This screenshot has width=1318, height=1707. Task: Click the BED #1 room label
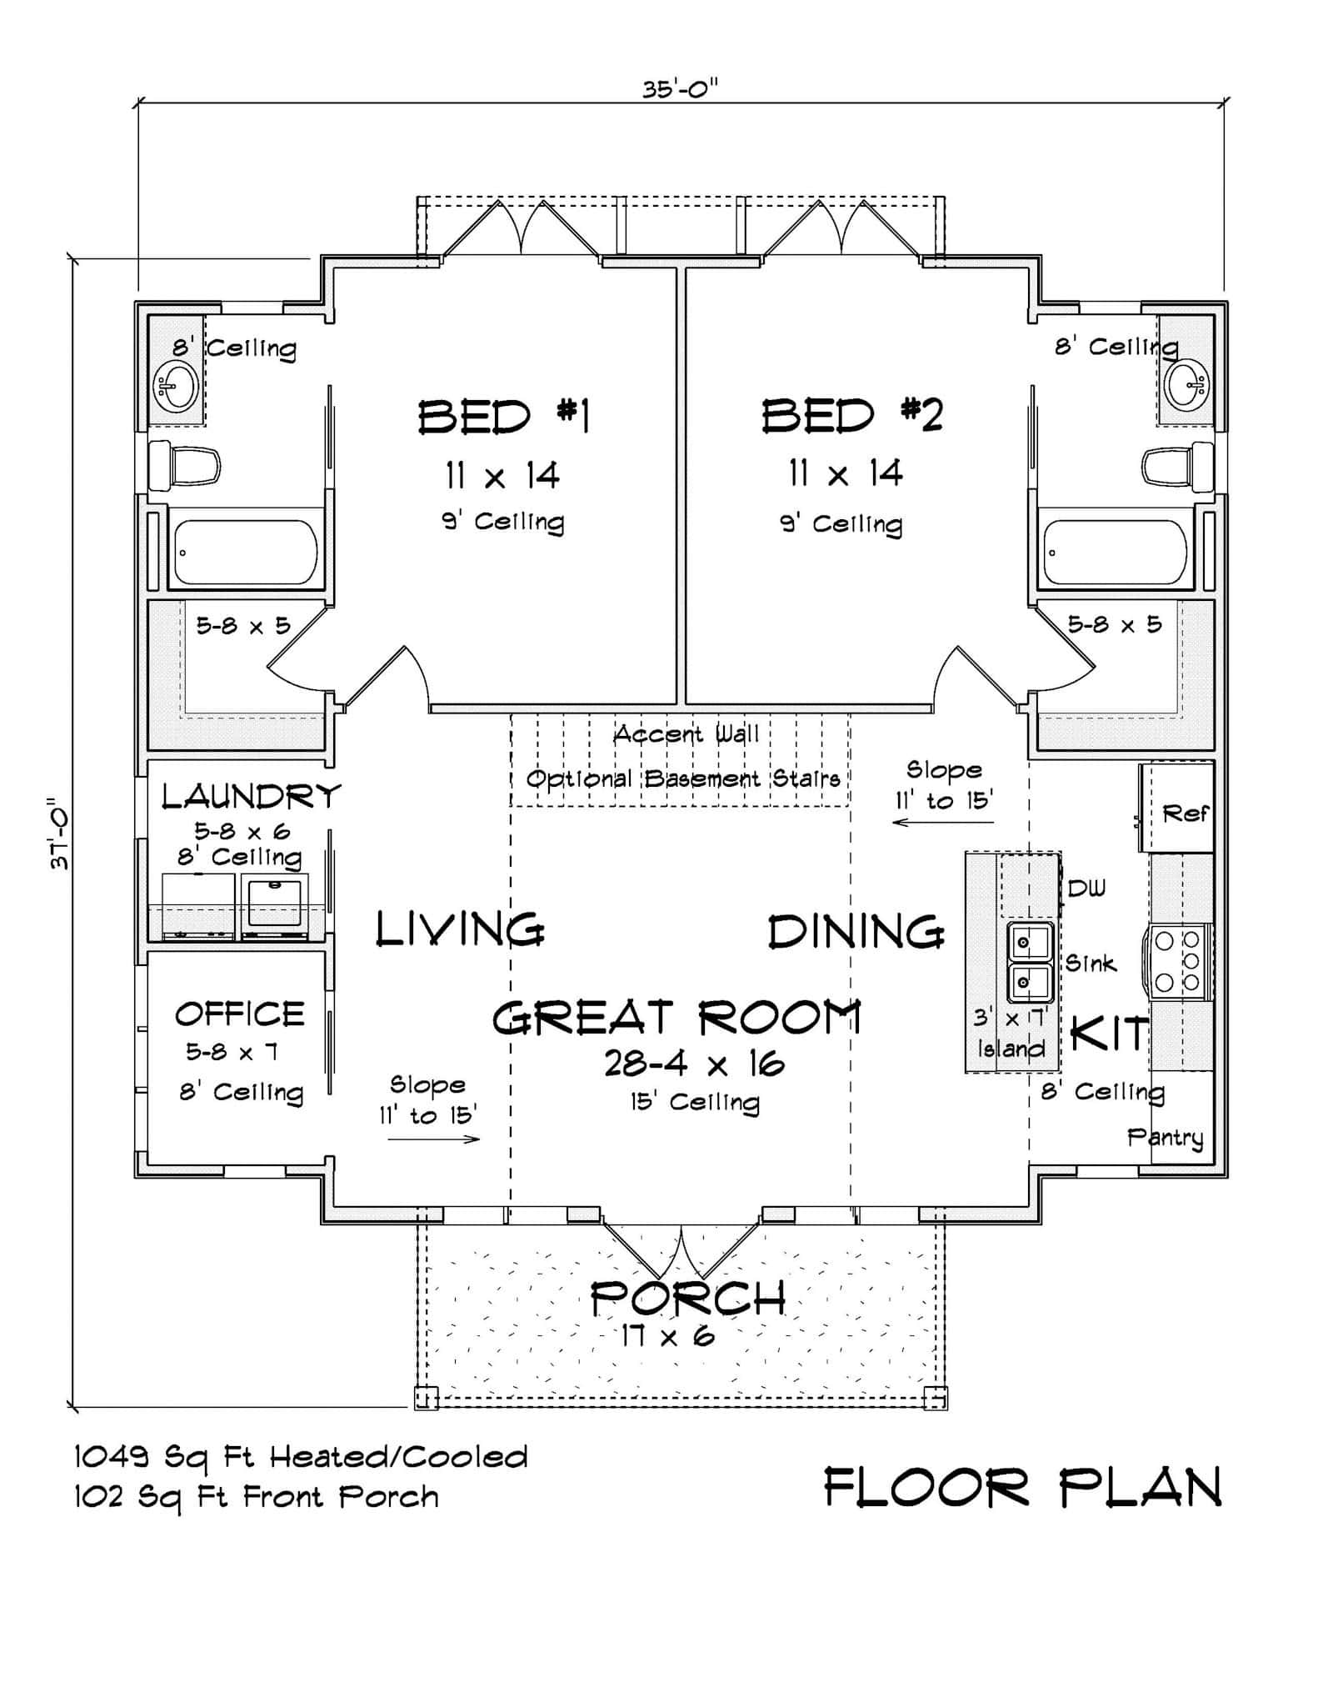tap(503, 416)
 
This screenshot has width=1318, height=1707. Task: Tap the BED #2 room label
tap(851, 415)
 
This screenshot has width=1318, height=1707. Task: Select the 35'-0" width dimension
tap(680, 89)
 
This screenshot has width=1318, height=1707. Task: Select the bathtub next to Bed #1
tap(243, 552)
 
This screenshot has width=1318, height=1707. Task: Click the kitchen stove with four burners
tap(1181, 961)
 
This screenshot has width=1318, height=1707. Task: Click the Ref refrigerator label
tap(1185, 812)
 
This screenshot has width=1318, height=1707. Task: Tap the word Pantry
tap(1165, 1137)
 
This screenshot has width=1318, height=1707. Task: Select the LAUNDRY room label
tap(251, 796)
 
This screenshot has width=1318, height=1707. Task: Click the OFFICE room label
tap(240, 1014)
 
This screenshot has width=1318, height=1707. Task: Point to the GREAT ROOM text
tap(676, 1018)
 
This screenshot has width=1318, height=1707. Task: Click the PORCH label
tap(687, 1298)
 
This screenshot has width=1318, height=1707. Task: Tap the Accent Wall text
tap(686, 734)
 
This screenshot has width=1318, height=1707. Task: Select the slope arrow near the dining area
tap(942, 823)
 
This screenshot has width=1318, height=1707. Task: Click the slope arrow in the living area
tap(433, 1139)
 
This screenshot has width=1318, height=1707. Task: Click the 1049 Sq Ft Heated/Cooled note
tap(301, 1456)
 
